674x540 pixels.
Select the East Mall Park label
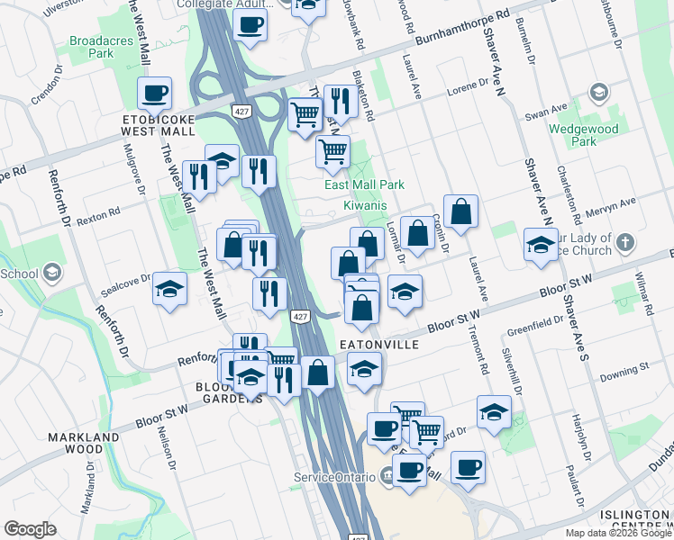tap(364, 184)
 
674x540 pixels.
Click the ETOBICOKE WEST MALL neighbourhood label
tap(159, 124)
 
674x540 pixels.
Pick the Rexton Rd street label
tap(98, 217)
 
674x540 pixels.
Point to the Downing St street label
tap(625, 369)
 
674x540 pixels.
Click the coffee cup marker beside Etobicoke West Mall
tap(154, 92)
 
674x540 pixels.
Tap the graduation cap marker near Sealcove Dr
tap(168, 290)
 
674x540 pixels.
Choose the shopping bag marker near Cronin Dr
tap(460, 211)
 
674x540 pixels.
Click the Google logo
tap(31, 529)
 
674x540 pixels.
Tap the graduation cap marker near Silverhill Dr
tap(494, 411)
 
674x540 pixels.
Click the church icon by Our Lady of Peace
tap(627, 243)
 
